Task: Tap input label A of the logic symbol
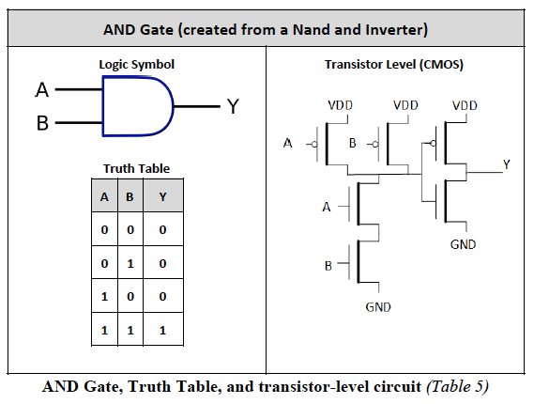[x=41, y=91]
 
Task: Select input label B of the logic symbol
[x=41, y=123]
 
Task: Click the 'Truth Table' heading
[x=136, y=168]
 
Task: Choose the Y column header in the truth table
[x=162, y=197]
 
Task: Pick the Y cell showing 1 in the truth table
[x=162, y=331]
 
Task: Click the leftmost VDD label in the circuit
[x=340, y=105]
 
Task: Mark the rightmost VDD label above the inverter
[x=465, y=105]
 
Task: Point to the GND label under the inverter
[x=463, y=244]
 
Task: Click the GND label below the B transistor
[x=378, y=307]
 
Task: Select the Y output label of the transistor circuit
[x=506, y=164]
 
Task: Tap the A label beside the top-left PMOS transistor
[x=288, y=144]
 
